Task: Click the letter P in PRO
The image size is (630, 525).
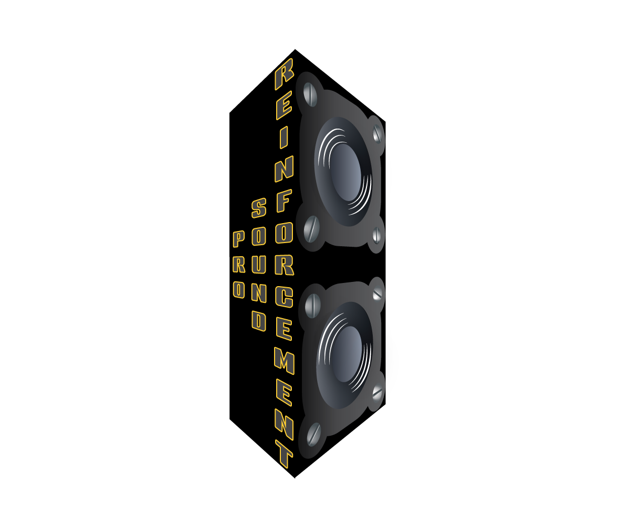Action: (x=238, y=239)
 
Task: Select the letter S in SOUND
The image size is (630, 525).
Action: (x=259, y=208)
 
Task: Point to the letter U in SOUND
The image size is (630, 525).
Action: (x=259, y=265)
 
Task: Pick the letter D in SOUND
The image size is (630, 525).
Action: (x=259, y=321)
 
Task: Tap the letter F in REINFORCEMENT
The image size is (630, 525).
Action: (x=284, y=201)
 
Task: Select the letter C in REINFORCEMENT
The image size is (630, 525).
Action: (x=284, y=297)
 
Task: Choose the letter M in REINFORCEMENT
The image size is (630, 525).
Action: (x=284, y=362)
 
